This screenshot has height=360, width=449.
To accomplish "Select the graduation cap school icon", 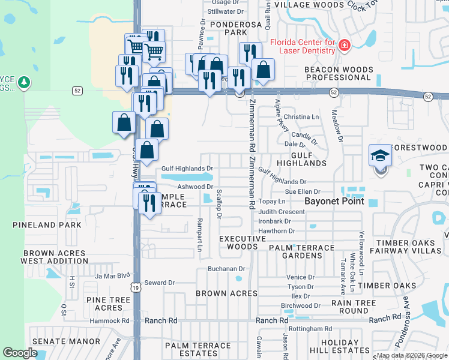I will pos(380,155).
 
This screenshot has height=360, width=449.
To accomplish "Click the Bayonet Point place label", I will pos(334,202).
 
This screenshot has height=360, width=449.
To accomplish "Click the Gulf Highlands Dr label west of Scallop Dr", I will pos(187,169).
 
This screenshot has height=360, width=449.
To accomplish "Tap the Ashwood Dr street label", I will pos(192,187).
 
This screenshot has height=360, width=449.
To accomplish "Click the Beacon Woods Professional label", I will pos(338,73).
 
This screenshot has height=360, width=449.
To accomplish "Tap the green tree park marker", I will pos(23,82).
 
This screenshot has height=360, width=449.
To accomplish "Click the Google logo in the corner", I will pos(19,353).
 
